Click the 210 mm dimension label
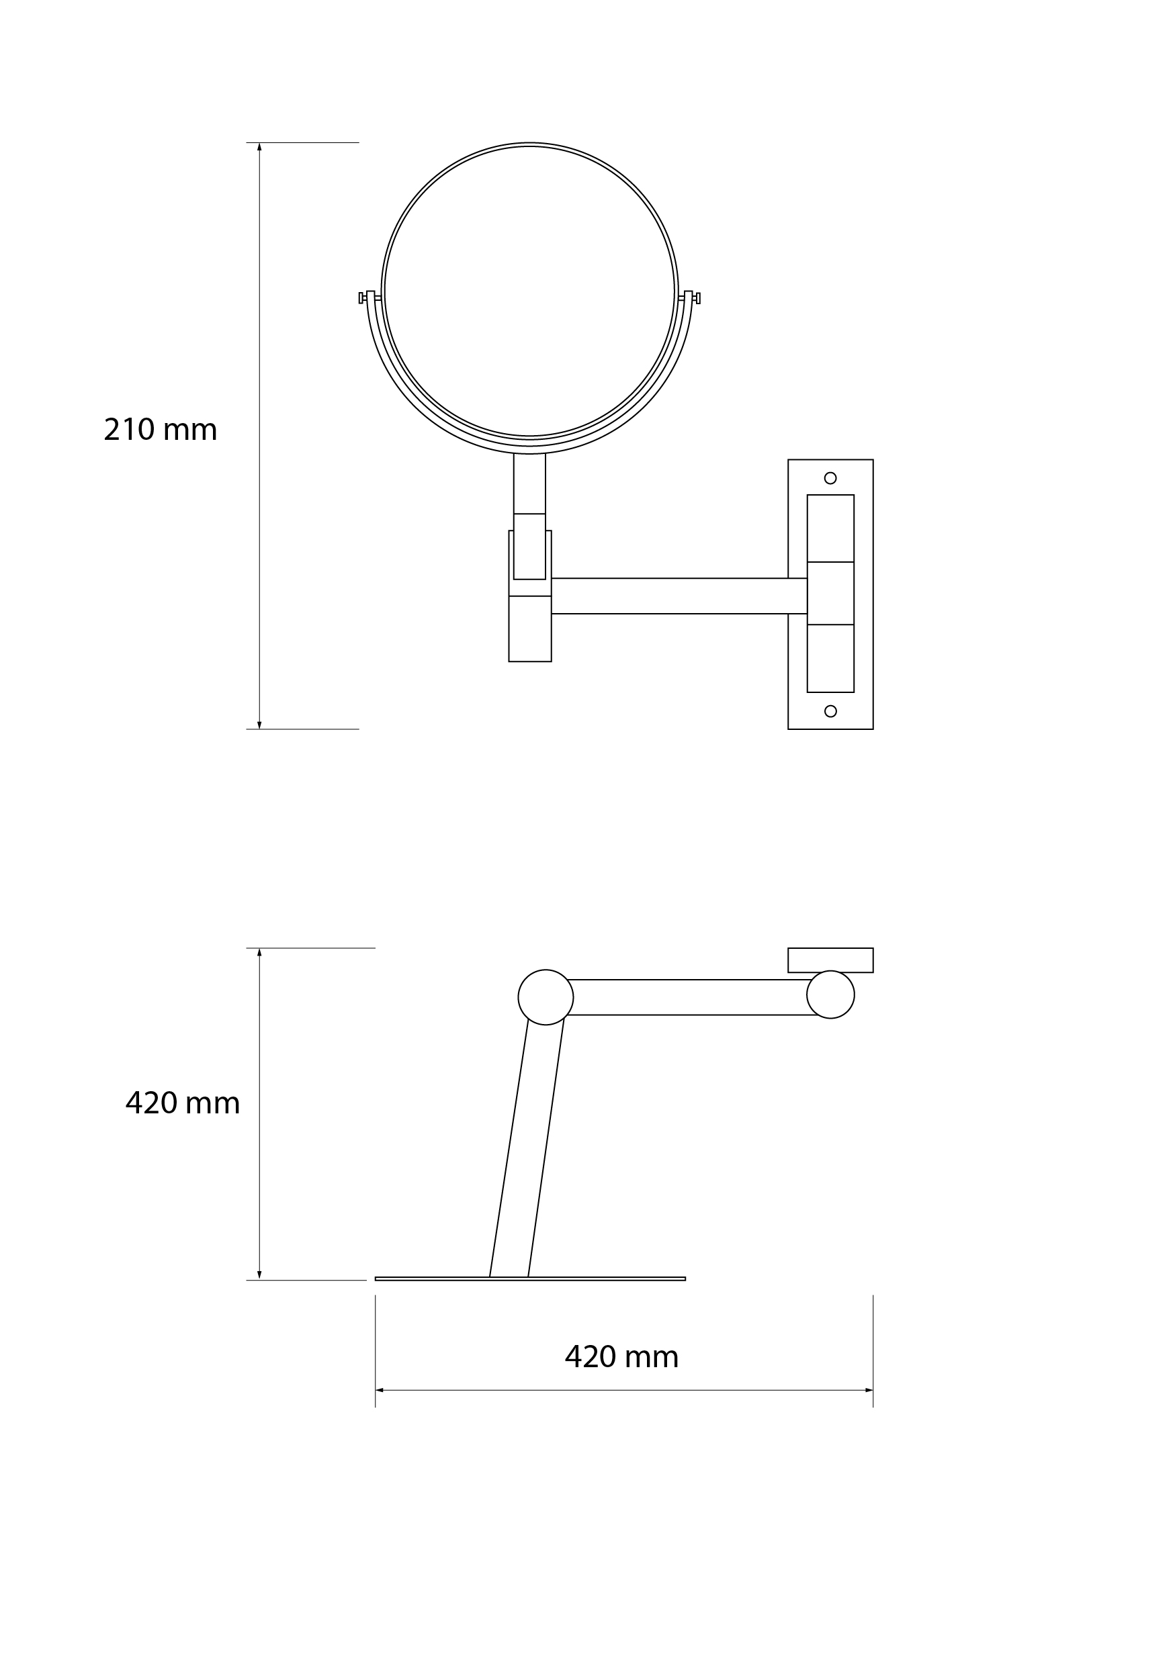tap(161, 430)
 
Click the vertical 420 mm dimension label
tap(182, 1104)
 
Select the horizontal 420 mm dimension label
tap(621, 1357)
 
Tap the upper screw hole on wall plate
tap(830, 478)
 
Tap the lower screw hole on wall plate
tap(830, 711)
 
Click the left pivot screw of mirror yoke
tap(361, 297)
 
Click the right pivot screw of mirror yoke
tap(697, 297)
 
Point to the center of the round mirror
tap(530, 291)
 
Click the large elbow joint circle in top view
tap(546, 997)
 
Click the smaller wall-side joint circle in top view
tap(830, 994)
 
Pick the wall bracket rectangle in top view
tap(830, 960)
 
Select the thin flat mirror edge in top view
tap(530, 1279)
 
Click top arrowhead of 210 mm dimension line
tap(259, 147)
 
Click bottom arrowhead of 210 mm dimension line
tap(259, 724)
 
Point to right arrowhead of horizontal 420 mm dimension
tap(868, 1390)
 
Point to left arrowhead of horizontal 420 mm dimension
tap(380, 1390)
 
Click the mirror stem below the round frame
tap(530, 483)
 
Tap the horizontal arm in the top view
tap(689, 997)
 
